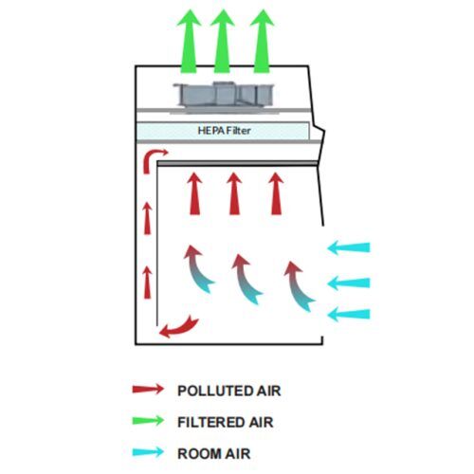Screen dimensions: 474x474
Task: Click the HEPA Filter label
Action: [x=224, y=131]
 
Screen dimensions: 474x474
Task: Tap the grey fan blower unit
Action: [x=224, y=97]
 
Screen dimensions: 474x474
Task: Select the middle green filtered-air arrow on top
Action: [x=223, y=41]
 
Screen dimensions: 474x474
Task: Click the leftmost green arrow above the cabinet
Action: [x=189, y=41]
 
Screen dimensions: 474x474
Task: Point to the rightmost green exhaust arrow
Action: [x=262, y=41]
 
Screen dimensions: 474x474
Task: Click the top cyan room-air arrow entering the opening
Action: [x=349, y=247]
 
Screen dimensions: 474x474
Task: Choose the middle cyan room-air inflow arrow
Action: [x=349, y=283]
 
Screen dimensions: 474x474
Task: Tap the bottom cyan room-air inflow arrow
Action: [x=349, y=315]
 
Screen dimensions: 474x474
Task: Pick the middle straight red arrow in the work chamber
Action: [x=234, y=193]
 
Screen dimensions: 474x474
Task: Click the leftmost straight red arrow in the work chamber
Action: [x=194, y=193]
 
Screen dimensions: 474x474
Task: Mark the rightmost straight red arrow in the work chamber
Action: [x=276, y=193]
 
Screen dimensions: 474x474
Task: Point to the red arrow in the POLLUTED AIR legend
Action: [x=148, y=389]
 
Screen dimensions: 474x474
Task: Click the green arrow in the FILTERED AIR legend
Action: [x=148, y=420]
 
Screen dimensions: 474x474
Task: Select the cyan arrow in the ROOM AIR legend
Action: [x=148, y=452]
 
